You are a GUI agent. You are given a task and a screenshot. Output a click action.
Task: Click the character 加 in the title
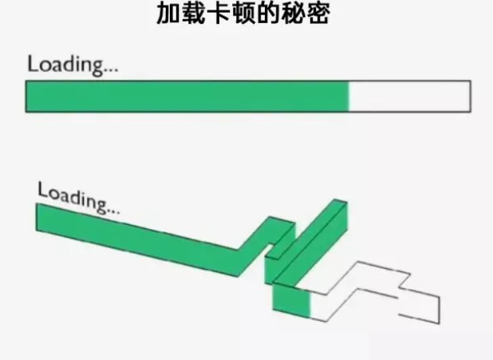pyautogui.click(x=168, y=13)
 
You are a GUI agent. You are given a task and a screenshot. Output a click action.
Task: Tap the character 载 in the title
pyautogui.click(x=193, y=13)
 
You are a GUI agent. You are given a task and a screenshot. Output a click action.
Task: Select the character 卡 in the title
pyautogui.click(x=219, y=13)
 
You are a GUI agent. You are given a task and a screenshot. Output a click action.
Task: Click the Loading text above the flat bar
pyautogui.click(x=73, y=65)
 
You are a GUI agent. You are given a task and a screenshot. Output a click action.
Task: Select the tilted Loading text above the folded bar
pyautogui.click(x=79, y=199)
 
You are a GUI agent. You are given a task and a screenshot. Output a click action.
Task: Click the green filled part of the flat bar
pyautogui.click(x=187, y=97)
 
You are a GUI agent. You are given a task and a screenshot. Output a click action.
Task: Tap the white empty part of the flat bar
pyautogui.click(x=410, y=97)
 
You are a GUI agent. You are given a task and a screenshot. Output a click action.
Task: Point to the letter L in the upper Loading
pyautogui.click(x=33, y=63)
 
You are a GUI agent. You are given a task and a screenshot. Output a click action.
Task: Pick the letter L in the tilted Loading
pyautogui.click(x=42, y=190)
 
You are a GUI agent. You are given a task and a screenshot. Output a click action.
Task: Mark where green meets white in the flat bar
pyautogui.click(x=349, y=97)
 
